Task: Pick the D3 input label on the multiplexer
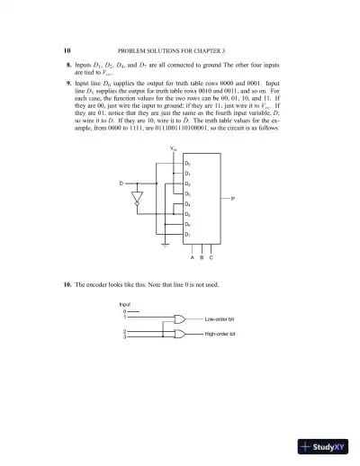coord(187,193)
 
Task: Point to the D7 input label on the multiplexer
coord(187,234)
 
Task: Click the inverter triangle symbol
coord(138,197)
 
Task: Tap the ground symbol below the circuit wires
coord(164,243)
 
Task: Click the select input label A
coord(192,257)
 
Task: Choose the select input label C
coord(211,257)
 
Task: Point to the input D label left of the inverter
coord(121,184)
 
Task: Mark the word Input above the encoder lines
coord(125,304)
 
